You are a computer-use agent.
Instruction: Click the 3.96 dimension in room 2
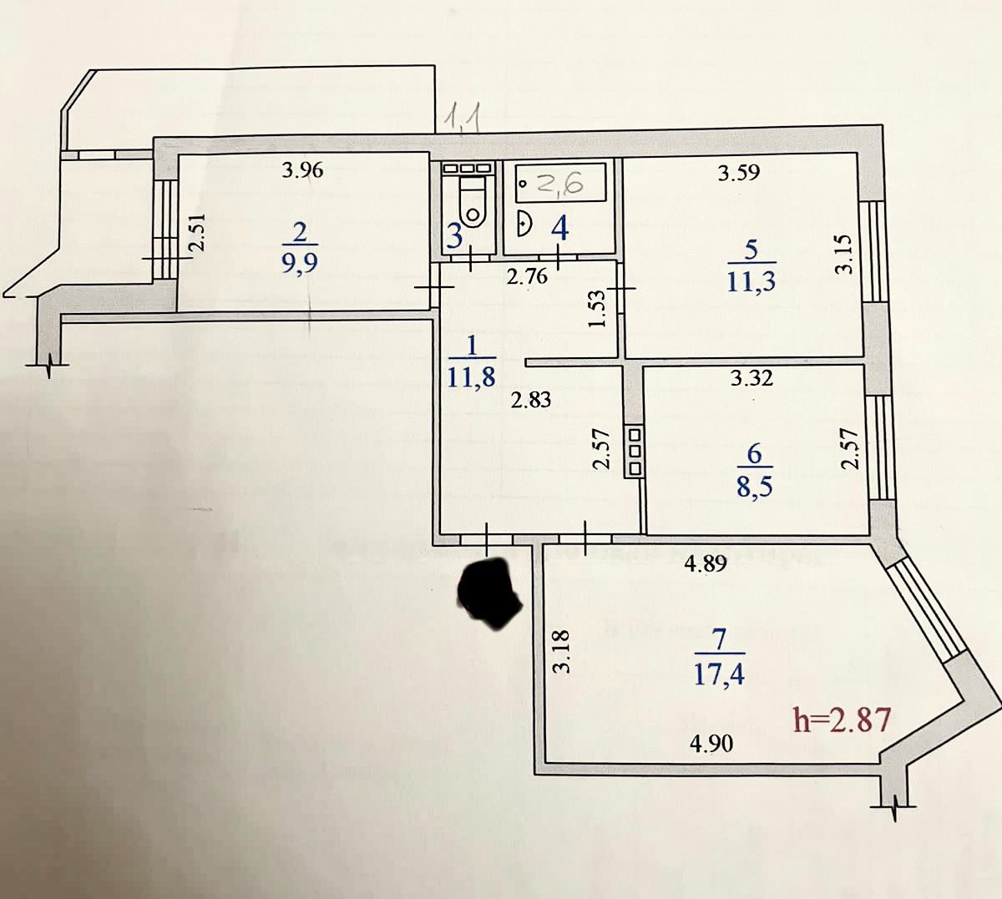click(302, 171)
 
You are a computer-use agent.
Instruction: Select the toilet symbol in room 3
click(473, 205)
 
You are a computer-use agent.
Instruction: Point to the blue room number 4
click(559, 228)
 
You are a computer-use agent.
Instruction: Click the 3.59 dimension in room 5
click(740, 174)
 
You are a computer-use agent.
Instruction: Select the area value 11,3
click(751, 281)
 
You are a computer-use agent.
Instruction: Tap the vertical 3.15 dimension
click(846, 254)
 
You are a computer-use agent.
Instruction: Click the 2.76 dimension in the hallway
click(527, 277)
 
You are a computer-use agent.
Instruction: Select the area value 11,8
click(471, 376)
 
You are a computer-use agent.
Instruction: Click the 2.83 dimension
click(531, 401)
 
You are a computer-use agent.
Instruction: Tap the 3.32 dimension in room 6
click(751, 379)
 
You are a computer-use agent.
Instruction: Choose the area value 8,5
click(754, 486)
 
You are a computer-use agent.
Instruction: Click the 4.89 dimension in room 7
click(706, 564)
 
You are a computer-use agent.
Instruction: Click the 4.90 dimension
click(712, 743)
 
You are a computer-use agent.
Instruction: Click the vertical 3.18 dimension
click(561, 652)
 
